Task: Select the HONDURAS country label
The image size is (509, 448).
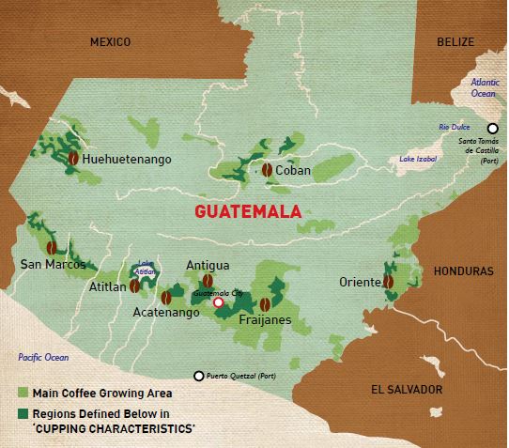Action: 463,270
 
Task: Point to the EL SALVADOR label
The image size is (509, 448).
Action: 405,388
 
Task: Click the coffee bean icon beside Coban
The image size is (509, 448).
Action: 267,170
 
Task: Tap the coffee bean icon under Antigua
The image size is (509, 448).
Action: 208,281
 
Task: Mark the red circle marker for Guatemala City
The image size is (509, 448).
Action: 219,302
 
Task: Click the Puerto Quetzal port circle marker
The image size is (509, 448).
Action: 198,376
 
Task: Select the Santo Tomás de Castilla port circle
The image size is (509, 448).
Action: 490,129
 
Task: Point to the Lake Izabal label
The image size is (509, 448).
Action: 418,160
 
